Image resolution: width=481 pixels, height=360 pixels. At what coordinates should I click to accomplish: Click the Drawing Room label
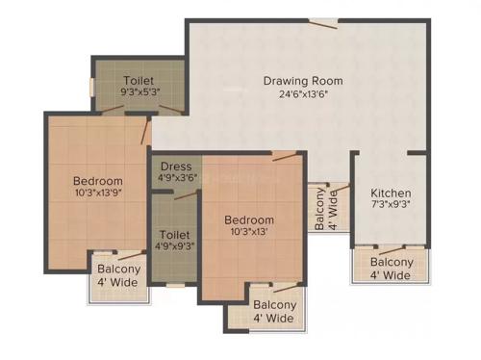303,81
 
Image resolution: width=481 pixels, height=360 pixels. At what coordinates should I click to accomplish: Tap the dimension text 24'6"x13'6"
303,94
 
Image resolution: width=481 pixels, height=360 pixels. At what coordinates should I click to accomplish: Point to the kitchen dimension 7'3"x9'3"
392,205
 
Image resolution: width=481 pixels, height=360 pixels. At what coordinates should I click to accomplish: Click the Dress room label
176,166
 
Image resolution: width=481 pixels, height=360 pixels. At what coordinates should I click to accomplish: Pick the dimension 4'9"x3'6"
177,177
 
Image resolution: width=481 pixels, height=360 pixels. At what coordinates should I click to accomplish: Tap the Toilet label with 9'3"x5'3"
139,81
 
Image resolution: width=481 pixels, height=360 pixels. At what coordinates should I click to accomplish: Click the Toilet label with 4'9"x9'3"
174,234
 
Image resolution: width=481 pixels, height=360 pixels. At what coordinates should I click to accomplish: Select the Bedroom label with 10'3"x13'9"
98,181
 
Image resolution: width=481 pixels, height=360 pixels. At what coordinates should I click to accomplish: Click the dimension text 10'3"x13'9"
98,193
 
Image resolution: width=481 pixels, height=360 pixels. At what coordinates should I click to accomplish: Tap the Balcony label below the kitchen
392,262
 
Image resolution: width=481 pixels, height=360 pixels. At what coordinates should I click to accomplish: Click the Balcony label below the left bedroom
117,270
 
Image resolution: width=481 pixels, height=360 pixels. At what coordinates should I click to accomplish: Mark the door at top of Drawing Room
329,24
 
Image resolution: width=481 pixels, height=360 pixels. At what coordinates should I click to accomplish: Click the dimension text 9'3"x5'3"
139,93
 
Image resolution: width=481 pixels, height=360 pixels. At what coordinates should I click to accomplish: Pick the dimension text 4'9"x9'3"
174,245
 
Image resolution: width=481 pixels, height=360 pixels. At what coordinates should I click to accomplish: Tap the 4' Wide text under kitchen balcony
392,275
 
